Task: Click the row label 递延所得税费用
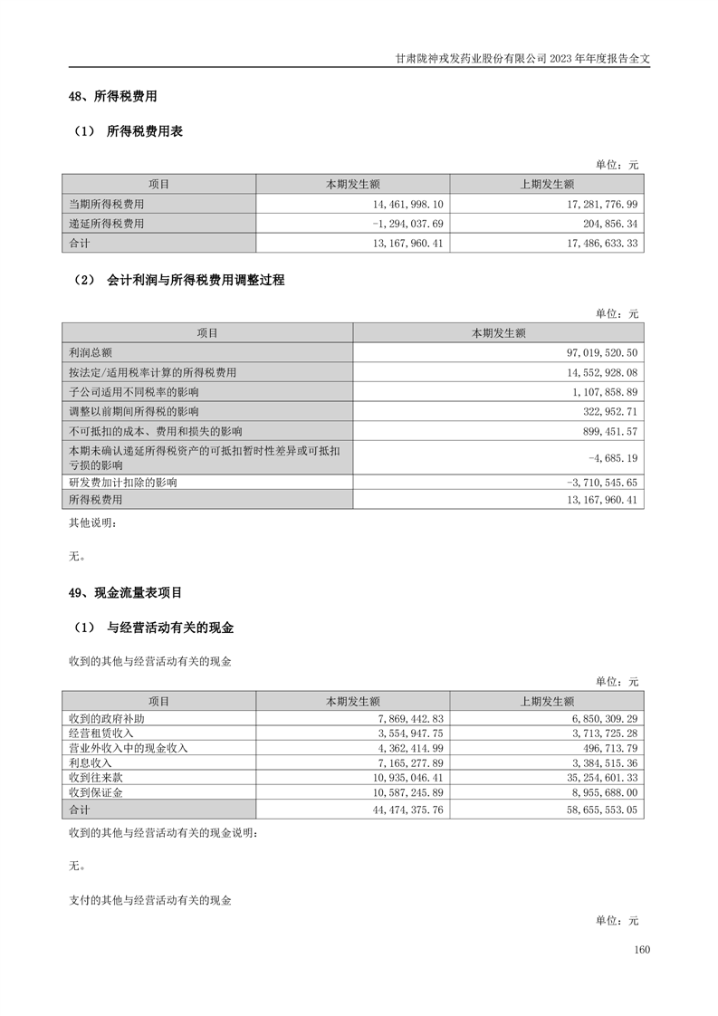coord(107,224)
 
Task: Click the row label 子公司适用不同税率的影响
coord(134,392)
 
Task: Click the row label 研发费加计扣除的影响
coord(123,483)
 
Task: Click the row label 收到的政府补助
coord(107,718)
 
